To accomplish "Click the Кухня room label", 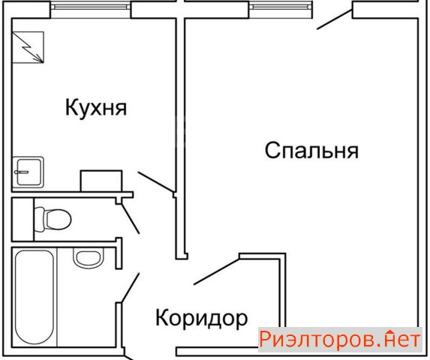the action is pyautogui.click(x=96, y=108).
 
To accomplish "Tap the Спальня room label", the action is pyautogui.click(x=311, y=150).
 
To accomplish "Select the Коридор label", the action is pyautogui.click(x=202, y=318).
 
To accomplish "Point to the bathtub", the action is pyautogui.click(x=35, y=297).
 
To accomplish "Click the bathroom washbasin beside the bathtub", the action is pyautogui.click(x=89, y=258).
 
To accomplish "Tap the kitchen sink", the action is pyautogui.click(x=29, y=172).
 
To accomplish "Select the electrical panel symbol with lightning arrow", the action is pyautogui.click(x=28, y=47).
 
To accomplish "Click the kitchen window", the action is pyautogui.click(x=91, y=7).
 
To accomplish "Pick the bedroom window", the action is pyautogui.click(x=281, y=7).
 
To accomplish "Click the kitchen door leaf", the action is pyautogui.click(x=156, y=181).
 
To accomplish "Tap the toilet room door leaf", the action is pyautogui.click(x=131, y=219).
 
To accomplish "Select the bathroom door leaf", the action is pyautogui.click(x=131, y=287).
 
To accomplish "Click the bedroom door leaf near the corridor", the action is pyautogui.click(x=217, y=271).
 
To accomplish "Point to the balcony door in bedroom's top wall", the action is pyautogui.click(x=335, y=19).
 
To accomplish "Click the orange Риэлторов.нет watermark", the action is pyautogui.click(x=340, y=340).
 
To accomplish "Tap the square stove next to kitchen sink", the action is pyautogui.click(x=101, y=181).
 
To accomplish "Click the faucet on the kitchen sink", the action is pyautogui.click(x=21, y=172).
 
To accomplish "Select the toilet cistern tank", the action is pyautogui.click(x=40, y=219).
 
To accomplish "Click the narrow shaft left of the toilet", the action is pyautogui.click(x=23, y=220).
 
